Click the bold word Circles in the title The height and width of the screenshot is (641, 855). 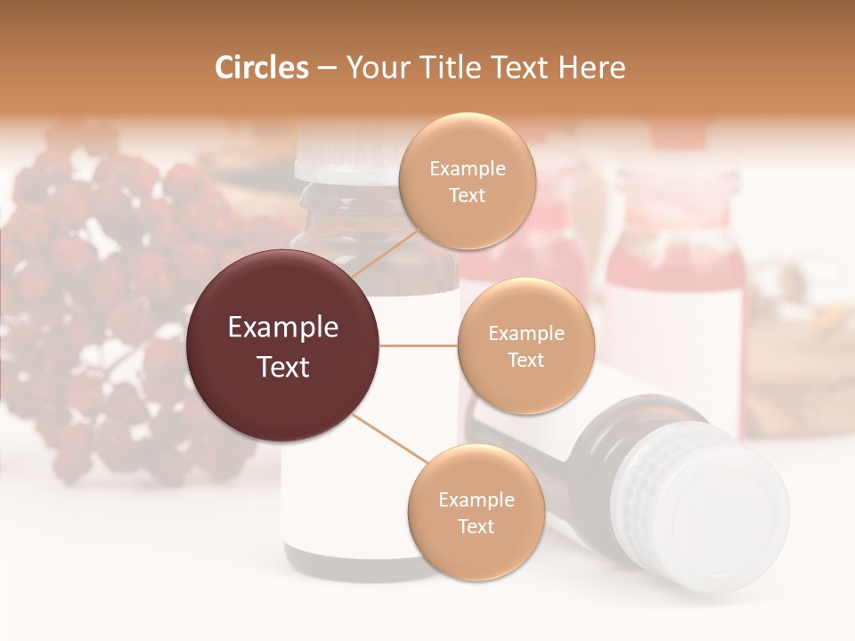pos(262,68)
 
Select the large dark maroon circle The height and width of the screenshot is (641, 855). pos(283,346)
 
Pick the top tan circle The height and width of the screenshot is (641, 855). pos(467,182)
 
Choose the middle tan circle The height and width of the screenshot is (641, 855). pos(525,346)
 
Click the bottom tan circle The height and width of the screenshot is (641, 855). pos(476,513)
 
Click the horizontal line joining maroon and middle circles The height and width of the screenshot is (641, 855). pos(418,345)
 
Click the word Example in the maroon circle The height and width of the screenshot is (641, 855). pos(283,328)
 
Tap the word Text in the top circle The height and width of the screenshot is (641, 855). pos(467,196)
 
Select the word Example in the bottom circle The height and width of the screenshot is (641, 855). pos(476,500)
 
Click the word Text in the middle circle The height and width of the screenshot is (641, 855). pos(525,360)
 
